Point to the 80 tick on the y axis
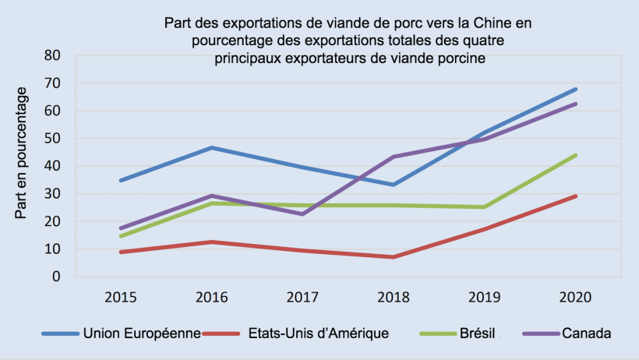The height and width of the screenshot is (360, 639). [52, 55]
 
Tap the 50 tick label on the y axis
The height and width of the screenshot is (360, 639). [52, 139]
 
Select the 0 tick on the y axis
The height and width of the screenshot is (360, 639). [56, 277]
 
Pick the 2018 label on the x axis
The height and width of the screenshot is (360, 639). [393, 297]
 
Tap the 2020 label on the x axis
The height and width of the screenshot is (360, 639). [575, 297]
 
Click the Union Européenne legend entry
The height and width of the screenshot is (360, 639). [144, 334]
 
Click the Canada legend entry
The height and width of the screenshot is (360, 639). [589, 334]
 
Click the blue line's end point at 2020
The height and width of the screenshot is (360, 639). [576, 89]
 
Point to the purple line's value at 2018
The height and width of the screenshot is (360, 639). [393, 157]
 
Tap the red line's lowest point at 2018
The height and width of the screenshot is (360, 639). [393, 257]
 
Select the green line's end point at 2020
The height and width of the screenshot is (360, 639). [576, 155]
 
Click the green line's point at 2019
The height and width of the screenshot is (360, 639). [484, 207]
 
